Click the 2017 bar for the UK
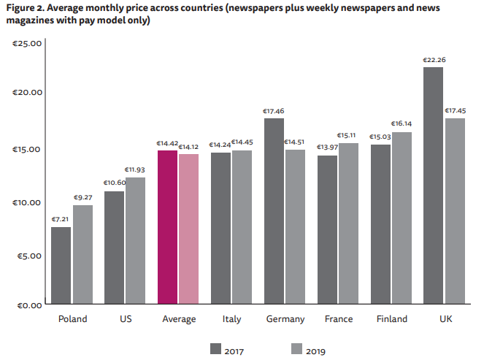click(433, 185)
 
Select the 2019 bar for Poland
click(82, 254)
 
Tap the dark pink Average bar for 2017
click(167, 227)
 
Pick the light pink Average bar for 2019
click(188, 229)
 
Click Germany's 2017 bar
click(274, 211)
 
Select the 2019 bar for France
click(348, 223)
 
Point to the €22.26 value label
click(433, 60)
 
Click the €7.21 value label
click(61, 219)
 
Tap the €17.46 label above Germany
click(274, 111)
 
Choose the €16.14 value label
click(402, 124)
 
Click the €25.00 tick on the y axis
click(28, 44)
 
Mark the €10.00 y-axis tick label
click(28, 202)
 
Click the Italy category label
click(232, 319)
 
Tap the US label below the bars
click(125, 319)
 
